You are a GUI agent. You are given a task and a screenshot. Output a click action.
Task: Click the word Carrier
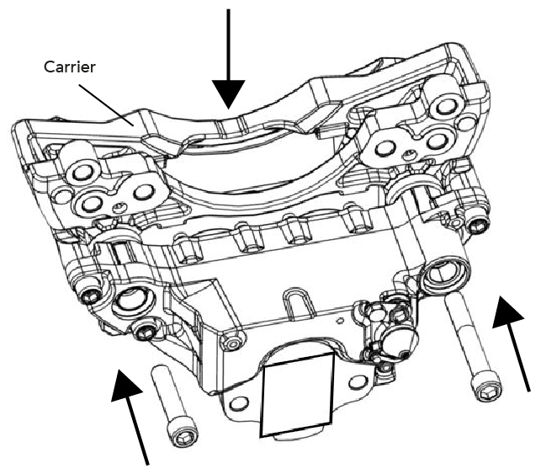tap(69, 66)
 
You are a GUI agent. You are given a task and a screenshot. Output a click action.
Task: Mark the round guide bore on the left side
tap(132, 299)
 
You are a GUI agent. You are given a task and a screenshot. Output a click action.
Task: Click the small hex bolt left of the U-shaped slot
tap(228, 344)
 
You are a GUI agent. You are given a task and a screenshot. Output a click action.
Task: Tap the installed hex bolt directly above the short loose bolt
tap(147, 330)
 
